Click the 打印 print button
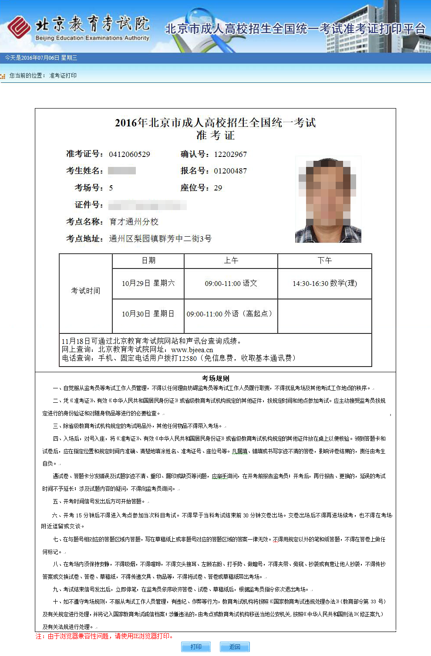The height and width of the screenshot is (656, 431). click(x=196, y=646)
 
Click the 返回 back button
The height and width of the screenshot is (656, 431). click(x=235, y=646)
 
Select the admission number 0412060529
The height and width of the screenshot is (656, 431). click(x=129, y=154)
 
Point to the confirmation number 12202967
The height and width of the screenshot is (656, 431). click(x=230, y=154)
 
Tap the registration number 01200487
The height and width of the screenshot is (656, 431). click(x=230, y=171)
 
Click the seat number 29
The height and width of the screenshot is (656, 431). click(x=218, y=188)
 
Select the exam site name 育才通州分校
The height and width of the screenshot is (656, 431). click(x=134, y=222)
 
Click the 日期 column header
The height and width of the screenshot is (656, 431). click(x=148, y=261)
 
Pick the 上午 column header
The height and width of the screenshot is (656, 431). click(x=231, y=261)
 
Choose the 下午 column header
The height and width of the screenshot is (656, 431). click(x=324, y=261)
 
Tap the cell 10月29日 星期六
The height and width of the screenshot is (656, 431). click(x=148, y=283)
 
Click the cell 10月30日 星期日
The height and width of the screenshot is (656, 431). click(x=148, y=314)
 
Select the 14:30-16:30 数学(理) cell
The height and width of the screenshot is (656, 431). click(x=324, y=283)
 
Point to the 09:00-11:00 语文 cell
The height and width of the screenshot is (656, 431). click(x=231, y=283)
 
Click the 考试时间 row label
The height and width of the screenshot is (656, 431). click(x=86, y=291)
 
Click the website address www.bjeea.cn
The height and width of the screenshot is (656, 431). click(x=192, y=350)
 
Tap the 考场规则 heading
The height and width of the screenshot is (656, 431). click(x=215, y=378)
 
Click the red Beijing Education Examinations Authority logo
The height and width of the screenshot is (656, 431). click(x=19, y=27)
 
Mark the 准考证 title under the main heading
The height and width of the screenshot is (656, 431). click(x=215, y=136)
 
